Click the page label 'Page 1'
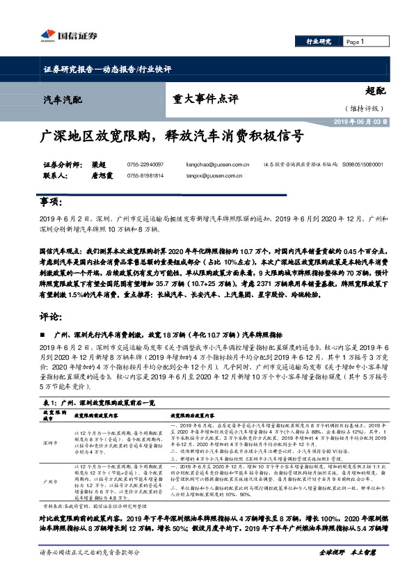[355, 42]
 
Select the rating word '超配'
[374, 90]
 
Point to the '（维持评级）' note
[361, 108]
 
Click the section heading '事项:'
[51, 201]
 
